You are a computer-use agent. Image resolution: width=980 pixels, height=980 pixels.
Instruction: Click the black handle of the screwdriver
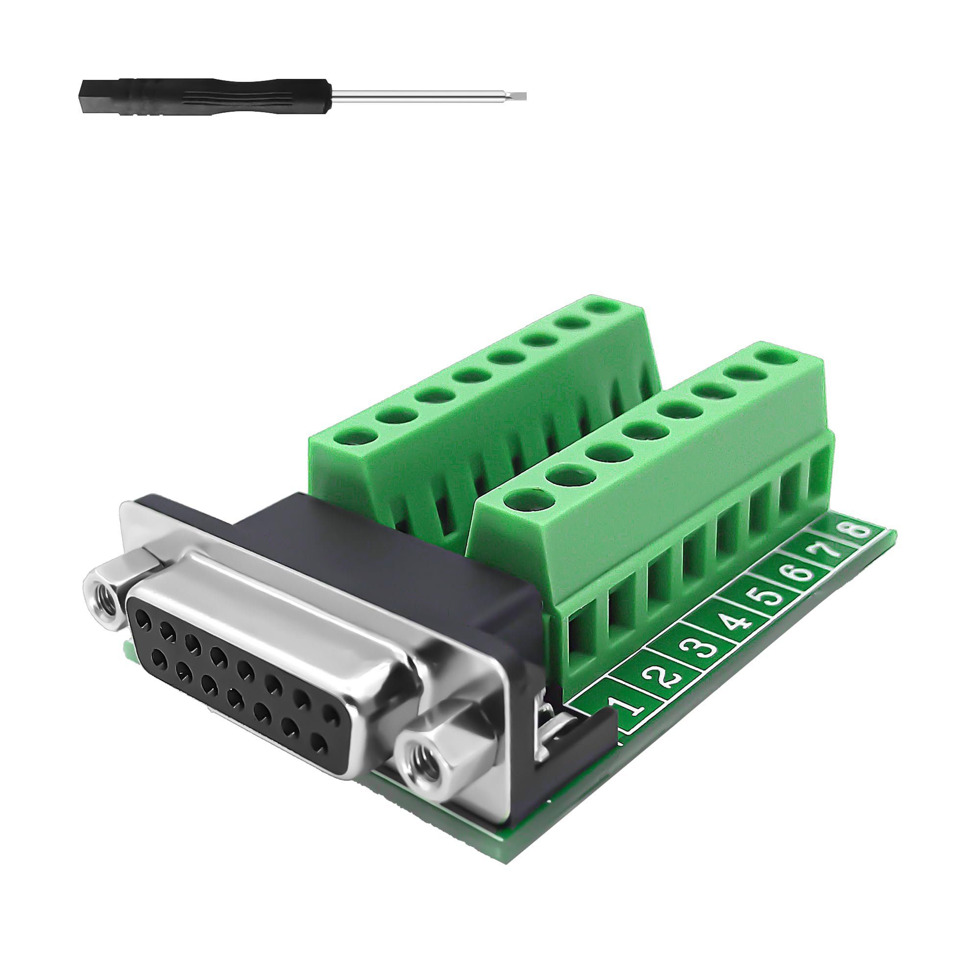(x=203, y=96)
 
